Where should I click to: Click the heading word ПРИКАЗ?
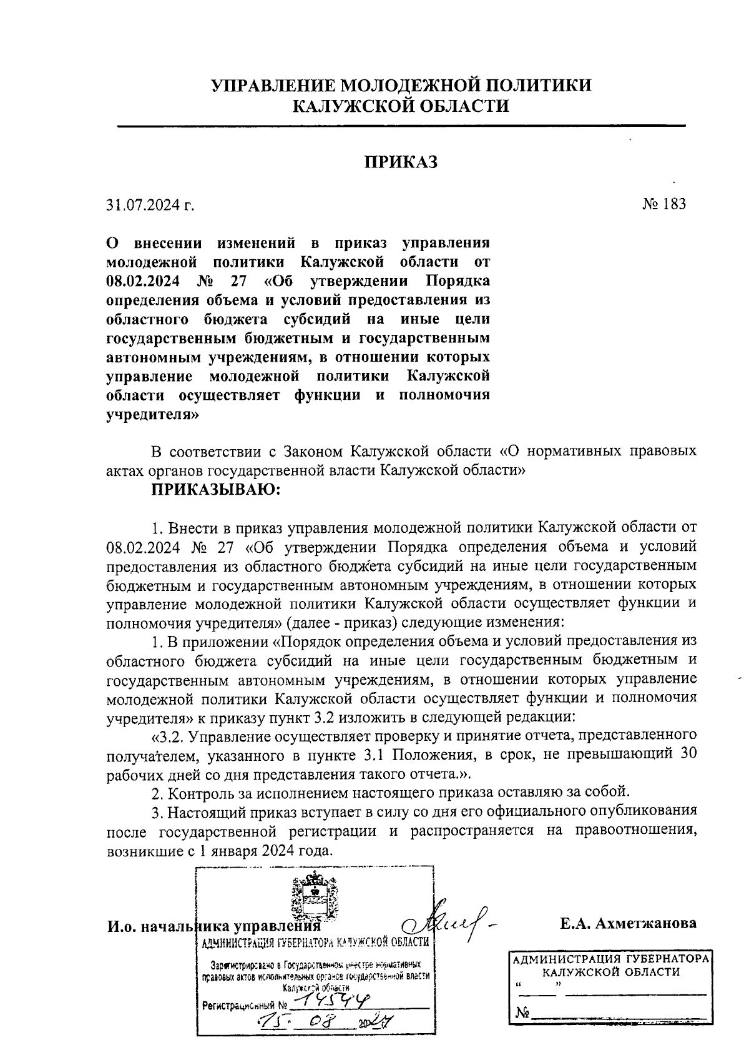[401, 162]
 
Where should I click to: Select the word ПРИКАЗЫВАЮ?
[216, 490]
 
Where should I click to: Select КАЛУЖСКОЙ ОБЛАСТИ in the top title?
[401, 106]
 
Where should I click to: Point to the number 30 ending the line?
[687, 753]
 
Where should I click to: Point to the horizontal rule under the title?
[401, 127]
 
